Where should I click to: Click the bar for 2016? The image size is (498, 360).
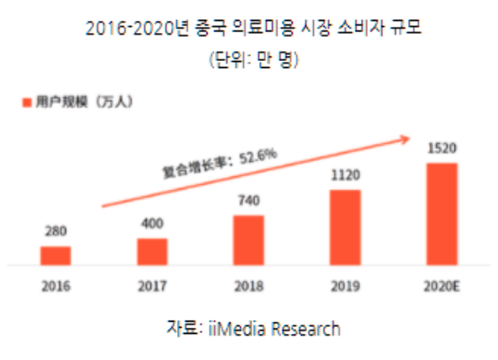pos(56,255)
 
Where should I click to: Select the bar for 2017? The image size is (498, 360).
pos(152,250)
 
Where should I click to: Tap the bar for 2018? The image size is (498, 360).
pos(249,239)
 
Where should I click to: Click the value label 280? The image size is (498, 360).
pos(56,232)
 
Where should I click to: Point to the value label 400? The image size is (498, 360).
pos(152,224)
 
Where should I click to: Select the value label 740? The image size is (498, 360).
pos(249,200)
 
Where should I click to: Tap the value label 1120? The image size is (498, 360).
pos(345,174)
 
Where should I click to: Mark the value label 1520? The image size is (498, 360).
pos(441,148)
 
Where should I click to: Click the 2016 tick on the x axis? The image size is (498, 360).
pos(56,285)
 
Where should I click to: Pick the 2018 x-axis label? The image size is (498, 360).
pos(249,285)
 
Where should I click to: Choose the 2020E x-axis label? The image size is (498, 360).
pos(441,285)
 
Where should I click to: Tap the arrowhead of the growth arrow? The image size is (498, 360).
pos(407,137)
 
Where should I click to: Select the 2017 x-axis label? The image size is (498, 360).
pos(152,285)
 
